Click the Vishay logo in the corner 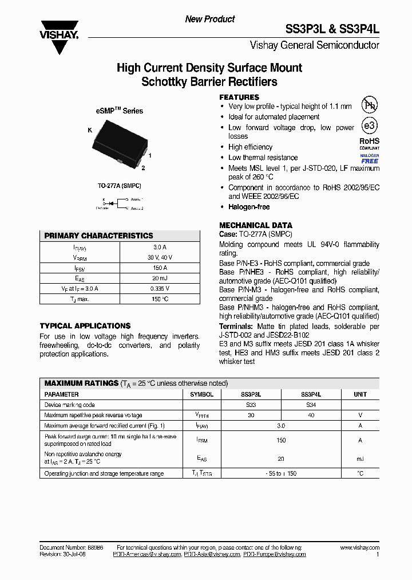point(58,30)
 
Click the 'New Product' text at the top point(209,19)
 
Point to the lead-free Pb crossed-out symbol point(369,105)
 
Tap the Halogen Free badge point(369,159)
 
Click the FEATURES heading point(239,97)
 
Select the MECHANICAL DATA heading point(256,225)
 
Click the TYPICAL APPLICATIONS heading point(85,326)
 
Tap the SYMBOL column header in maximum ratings point(201,394)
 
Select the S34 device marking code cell point(311,405)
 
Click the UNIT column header point(360,394)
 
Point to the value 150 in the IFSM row point(280,440)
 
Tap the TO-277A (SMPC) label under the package point(120,186)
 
